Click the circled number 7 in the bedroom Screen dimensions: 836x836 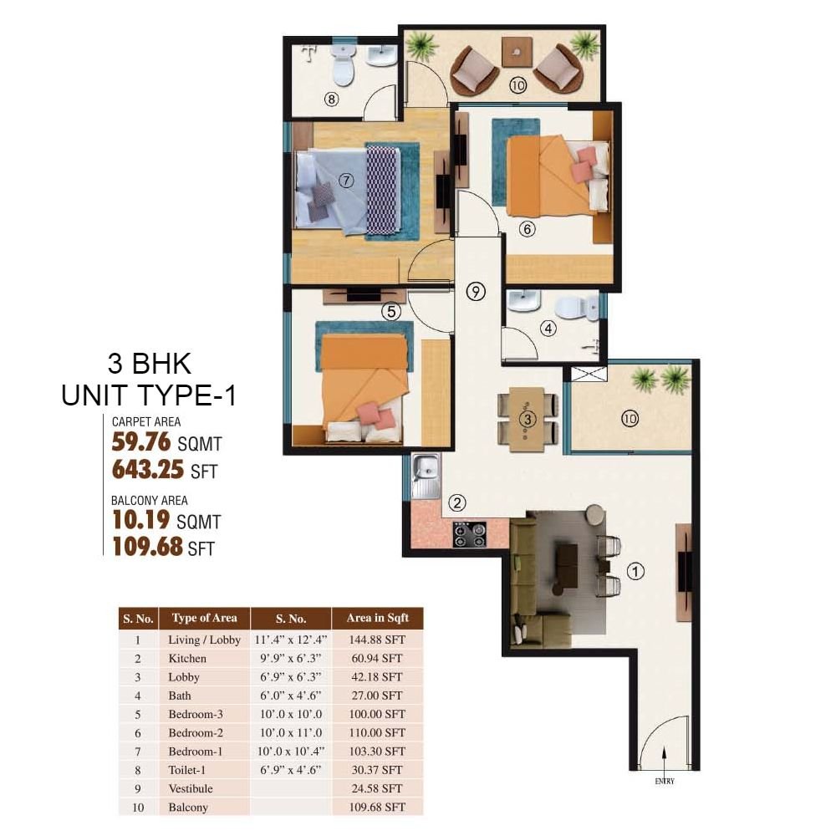(x=347, y=181)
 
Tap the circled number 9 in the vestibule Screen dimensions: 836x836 (x=476, y=291)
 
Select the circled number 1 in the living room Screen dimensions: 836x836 (x=635, y=572)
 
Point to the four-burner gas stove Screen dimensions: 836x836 (x=470, y=535)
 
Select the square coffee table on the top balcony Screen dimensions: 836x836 (x=516, y=52)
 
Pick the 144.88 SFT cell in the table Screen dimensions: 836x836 (x=377, y=640)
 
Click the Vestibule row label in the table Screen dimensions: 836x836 (x=191, y=788)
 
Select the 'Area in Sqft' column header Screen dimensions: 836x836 (x=378, y=618)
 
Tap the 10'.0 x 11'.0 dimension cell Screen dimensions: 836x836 (x=291, y=732)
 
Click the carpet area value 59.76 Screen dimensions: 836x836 (x=141, y=442)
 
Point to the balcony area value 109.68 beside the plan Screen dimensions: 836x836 (x=148, y=547)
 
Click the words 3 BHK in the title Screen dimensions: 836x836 (x=150, y=364)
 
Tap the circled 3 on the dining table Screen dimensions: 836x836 (x=528, y=419)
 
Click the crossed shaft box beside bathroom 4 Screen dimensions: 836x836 (x=589, y=374)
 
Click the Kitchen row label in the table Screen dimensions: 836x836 (x=187, y=658)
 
